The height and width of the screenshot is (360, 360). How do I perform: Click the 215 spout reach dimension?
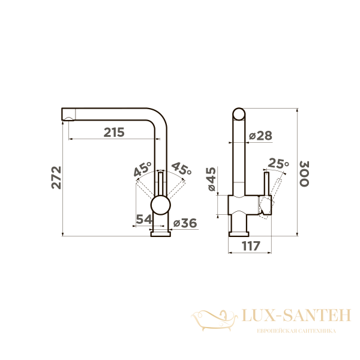[x=114, y=132]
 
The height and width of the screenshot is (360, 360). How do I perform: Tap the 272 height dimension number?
[x=56, y=178]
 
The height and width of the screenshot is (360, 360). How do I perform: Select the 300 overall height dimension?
[x=304, y=173]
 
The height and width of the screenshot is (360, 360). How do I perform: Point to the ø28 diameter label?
[x=260, y=136]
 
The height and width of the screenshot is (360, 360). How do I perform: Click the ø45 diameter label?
[x=211, y=179]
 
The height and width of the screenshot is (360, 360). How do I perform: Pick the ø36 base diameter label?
[x=185, y=223]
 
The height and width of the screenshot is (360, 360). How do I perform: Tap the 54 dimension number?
[x=144, y=219]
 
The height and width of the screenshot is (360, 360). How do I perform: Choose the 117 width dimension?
[x=251, y=246]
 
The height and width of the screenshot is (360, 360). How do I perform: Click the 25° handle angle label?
[x=278, y=163]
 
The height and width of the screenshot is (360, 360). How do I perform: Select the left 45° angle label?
[x=143, y=169]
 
